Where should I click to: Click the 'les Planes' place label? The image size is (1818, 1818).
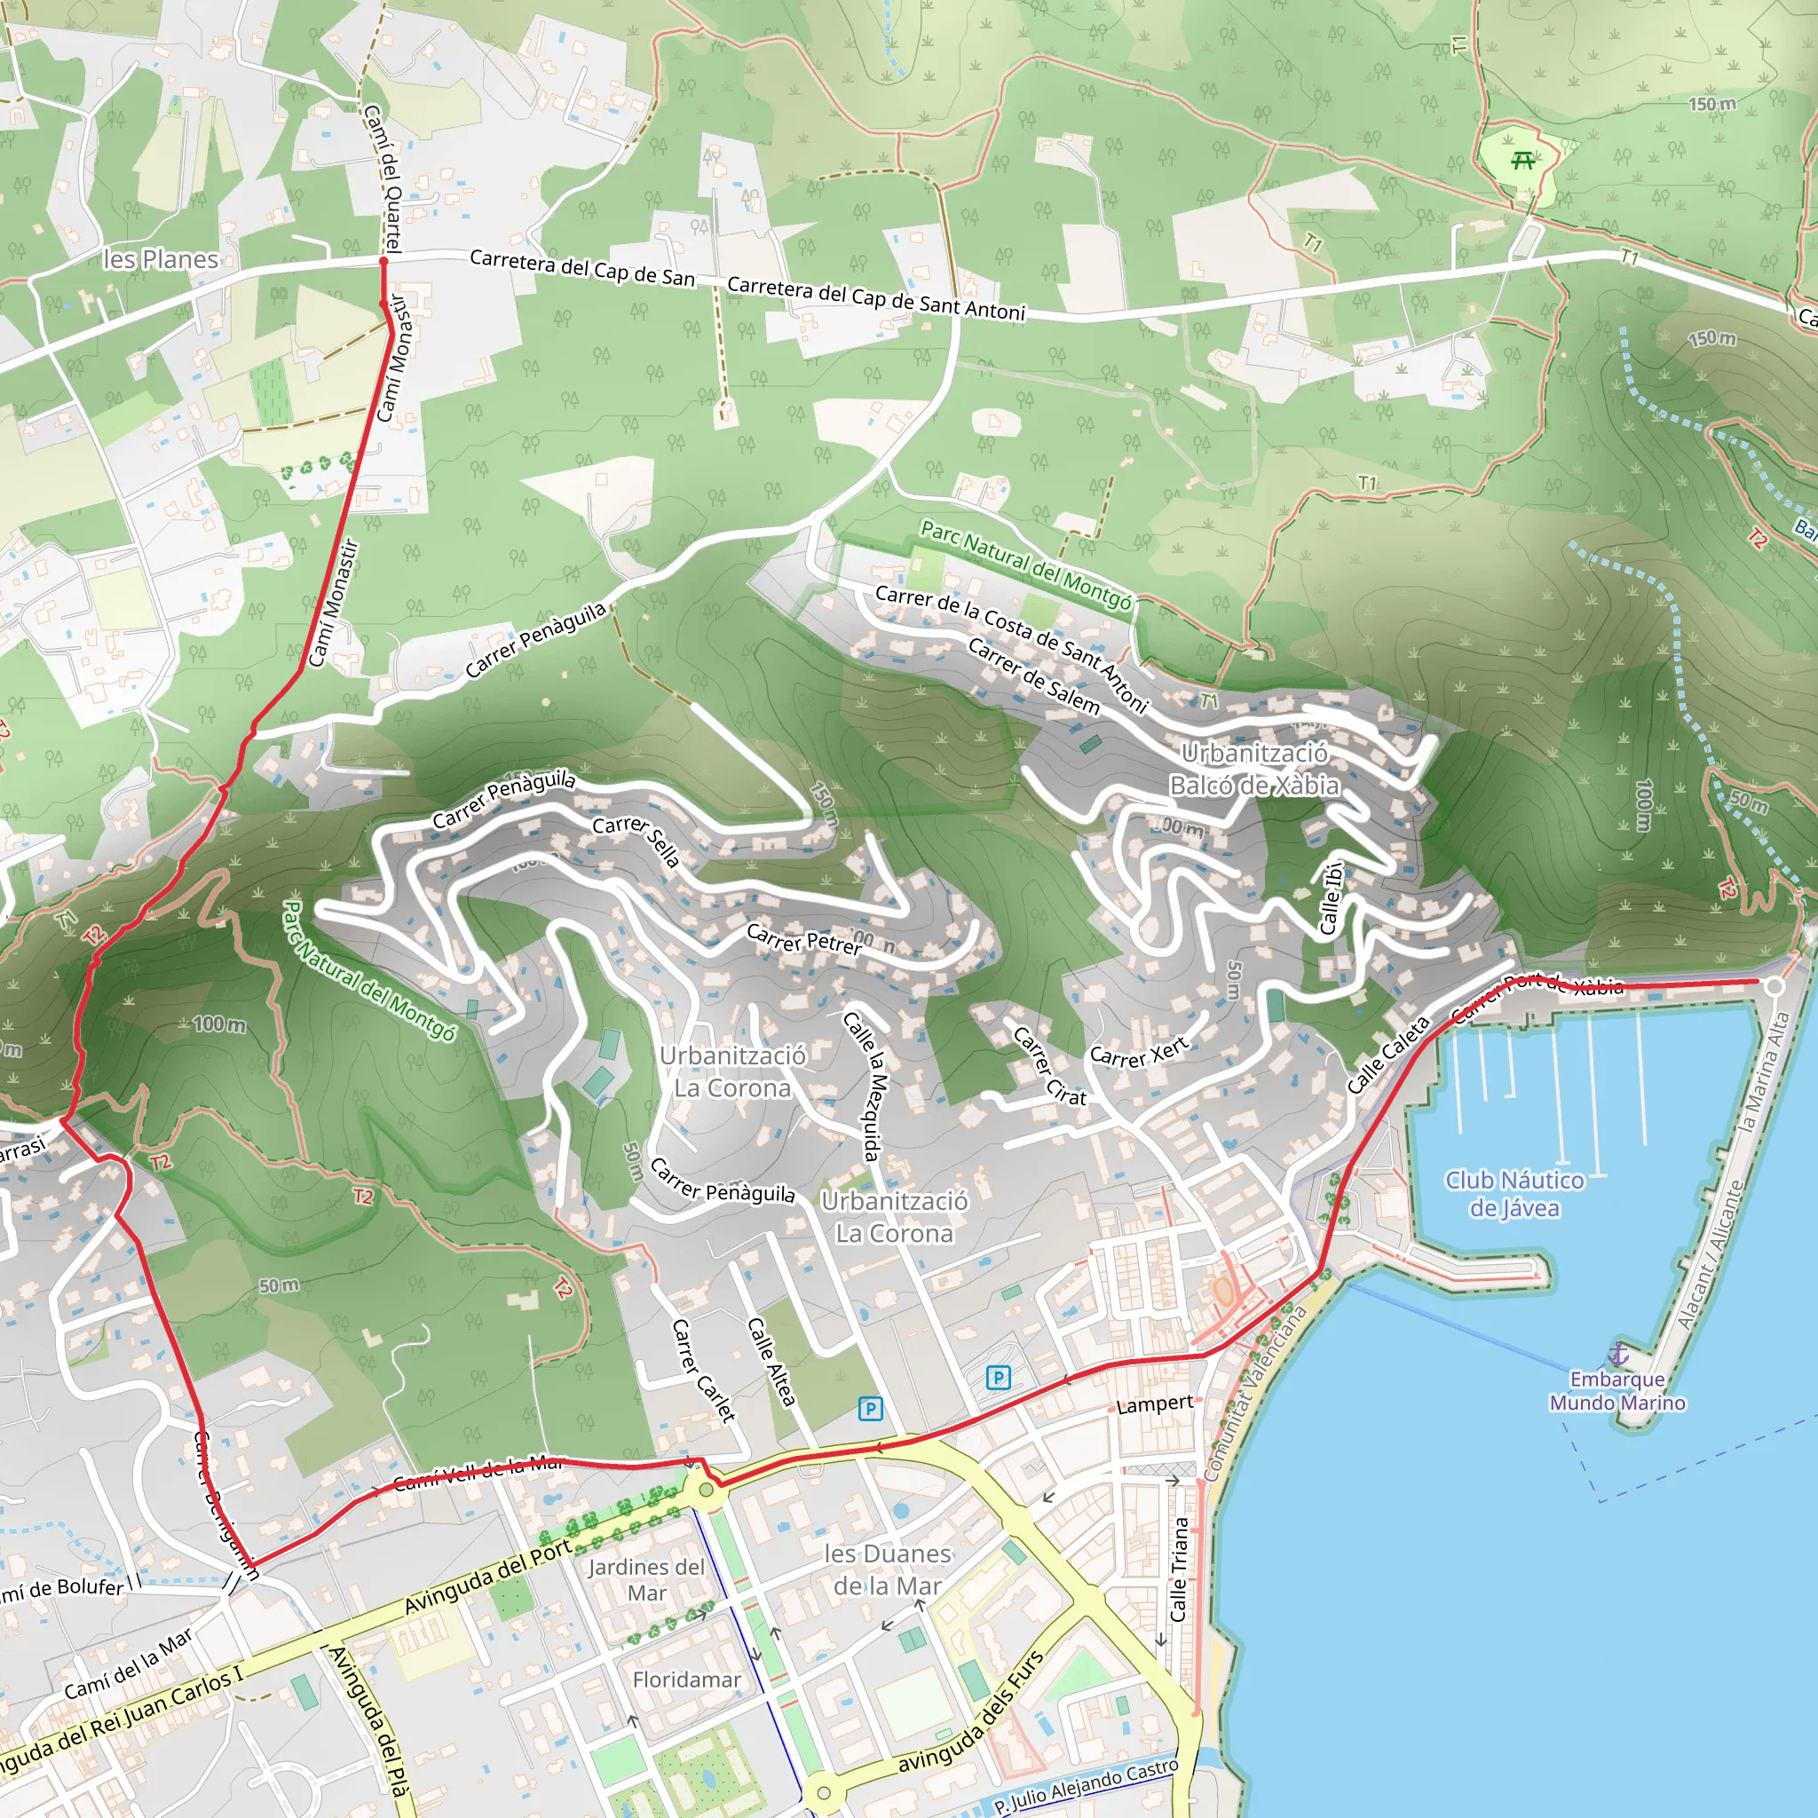pos(160,259)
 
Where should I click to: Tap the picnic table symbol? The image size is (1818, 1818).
pos(1522,161)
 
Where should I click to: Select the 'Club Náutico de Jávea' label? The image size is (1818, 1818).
pos(1514,1193)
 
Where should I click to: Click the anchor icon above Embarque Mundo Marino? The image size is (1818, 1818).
pos(1617,1354)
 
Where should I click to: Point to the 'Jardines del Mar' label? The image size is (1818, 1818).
pos(646,1580)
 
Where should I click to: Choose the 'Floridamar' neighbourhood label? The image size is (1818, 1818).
pos(686,1680)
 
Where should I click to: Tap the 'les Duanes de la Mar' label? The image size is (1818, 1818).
pos(888,1569)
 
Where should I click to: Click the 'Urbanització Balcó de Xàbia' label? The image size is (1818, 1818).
pos(1254,769)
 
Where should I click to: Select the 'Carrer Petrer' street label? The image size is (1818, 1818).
pos(803,939)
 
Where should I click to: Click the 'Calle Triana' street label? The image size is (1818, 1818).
pos(1179,1569)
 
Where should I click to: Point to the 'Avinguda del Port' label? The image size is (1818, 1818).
pos(487,1577)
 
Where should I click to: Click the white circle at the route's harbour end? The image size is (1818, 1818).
pos(1774,986)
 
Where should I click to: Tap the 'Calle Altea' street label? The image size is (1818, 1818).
pos(771,1361)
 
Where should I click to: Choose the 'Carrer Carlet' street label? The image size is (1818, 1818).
pos(702,1369)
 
